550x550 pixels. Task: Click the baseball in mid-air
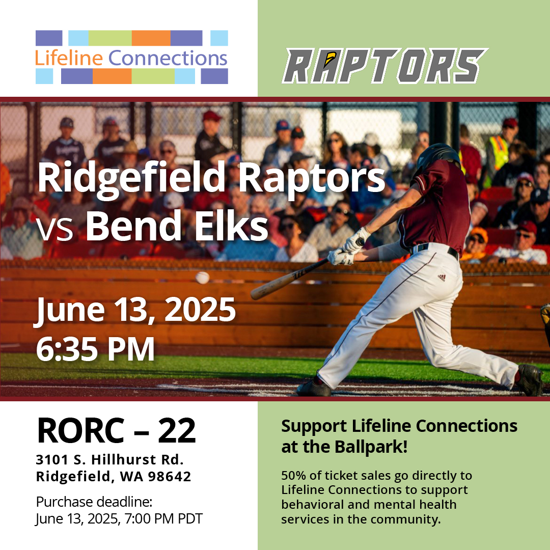point(202,278)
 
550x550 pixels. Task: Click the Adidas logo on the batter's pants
point(441,278)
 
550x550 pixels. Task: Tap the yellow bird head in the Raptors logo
point(329,58)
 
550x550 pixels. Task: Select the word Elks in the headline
point(232,225)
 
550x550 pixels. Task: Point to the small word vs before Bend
point(54,229)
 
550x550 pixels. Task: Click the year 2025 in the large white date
point(200,310)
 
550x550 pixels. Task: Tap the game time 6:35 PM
point(95,349)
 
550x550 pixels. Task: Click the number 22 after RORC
point(177,431)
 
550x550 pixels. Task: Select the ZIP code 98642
point(170,476)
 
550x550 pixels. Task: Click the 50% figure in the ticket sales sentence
point(294,476)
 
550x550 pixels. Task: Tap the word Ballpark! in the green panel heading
point(371,447)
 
